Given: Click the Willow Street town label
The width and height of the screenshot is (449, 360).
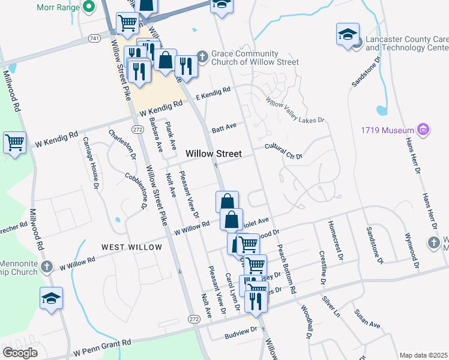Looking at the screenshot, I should pos(213,154).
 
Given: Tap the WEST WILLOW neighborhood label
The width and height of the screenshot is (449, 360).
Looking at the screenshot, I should pos(131,247).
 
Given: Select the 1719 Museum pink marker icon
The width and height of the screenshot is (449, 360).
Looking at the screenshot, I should pos(424,130).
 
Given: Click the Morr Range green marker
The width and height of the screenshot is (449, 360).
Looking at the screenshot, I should pos(89,7).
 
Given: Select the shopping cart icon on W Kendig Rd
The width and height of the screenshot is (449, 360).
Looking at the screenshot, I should pos(14,143).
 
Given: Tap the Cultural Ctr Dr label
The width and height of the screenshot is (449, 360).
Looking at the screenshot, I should pos(284,151).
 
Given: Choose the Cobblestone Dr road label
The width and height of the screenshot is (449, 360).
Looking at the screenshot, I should pos(136,190).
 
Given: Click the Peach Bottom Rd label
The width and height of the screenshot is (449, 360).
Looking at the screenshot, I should pos(288,269).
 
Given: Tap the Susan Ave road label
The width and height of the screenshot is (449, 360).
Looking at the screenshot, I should pos(367,320).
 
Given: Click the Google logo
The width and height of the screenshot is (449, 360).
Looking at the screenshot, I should pos(20,353).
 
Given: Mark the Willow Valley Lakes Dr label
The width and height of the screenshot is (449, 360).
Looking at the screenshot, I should pos(295,112).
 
